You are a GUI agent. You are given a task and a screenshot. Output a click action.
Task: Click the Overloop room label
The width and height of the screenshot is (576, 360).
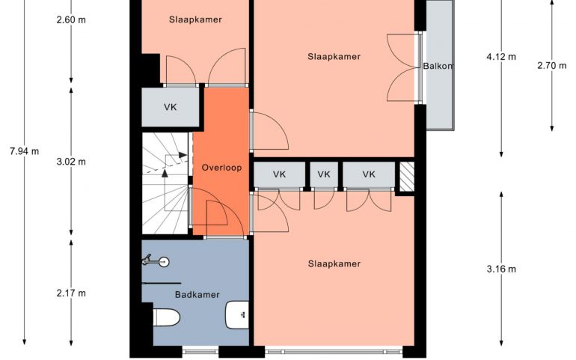(221, 168)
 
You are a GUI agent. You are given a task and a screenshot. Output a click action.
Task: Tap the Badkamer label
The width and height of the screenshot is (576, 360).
(197, 295)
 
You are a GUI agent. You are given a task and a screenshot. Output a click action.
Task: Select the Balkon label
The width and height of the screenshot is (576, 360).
(438, 66)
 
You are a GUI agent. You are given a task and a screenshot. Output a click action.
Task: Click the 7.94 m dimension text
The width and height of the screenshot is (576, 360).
(24, 151)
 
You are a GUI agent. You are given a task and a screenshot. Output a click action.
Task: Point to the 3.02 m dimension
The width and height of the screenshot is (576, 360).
(71, 162)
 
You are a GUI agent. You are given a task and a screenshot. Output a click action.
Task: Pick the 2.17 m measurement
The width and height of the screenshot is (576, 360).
(71, 293)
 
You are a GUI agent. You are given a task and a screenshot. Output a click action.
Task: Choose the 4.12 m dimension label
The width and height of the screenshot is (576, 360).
(501, 57)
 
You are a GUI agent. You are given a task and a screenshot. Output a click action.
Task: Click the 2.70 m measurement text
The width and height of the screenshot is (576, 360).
(552, 65)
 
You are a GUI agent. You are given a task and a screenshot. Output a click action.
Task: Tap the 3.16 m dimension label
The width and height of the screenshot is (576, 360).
(501, 269)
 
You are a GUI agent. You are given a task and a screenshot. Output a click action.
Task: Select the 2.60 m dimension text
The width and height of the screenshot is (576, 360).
(71, 19)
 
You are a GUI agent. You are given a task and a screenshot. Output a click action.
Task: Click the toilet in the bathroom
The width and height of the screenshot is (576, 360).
(166, 317)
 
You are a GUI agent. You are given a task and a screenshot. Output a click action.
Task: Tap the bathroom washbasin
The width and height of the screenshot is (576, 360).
(237, 315)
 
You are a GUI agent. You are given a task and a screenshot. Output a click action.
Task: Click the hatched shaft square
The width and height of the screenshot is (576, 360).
(407, 177)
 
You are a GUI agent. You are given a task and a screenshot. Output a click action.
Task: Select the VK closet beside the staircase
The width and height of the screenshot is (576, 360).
(171, 107)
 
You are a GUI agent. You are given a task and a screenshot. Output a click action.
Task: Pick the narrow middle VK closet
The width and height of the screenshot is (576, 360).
(324, 174)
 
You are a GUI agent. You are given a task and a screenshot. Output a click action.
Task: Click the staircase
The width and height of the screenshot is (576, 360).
(165, 183)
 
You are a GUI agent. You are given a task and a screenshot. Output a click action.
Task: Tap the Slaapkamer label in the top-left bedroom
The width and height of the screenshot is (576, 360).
(195, 19)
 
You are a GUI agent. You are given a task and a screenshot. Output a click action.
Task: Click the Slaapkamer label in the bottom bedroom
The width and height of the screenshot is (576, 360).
(334, 263)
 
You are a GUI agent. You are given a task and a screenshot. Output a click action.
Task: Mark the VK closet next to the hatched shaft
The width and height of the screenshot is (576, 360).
(369, 174)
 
